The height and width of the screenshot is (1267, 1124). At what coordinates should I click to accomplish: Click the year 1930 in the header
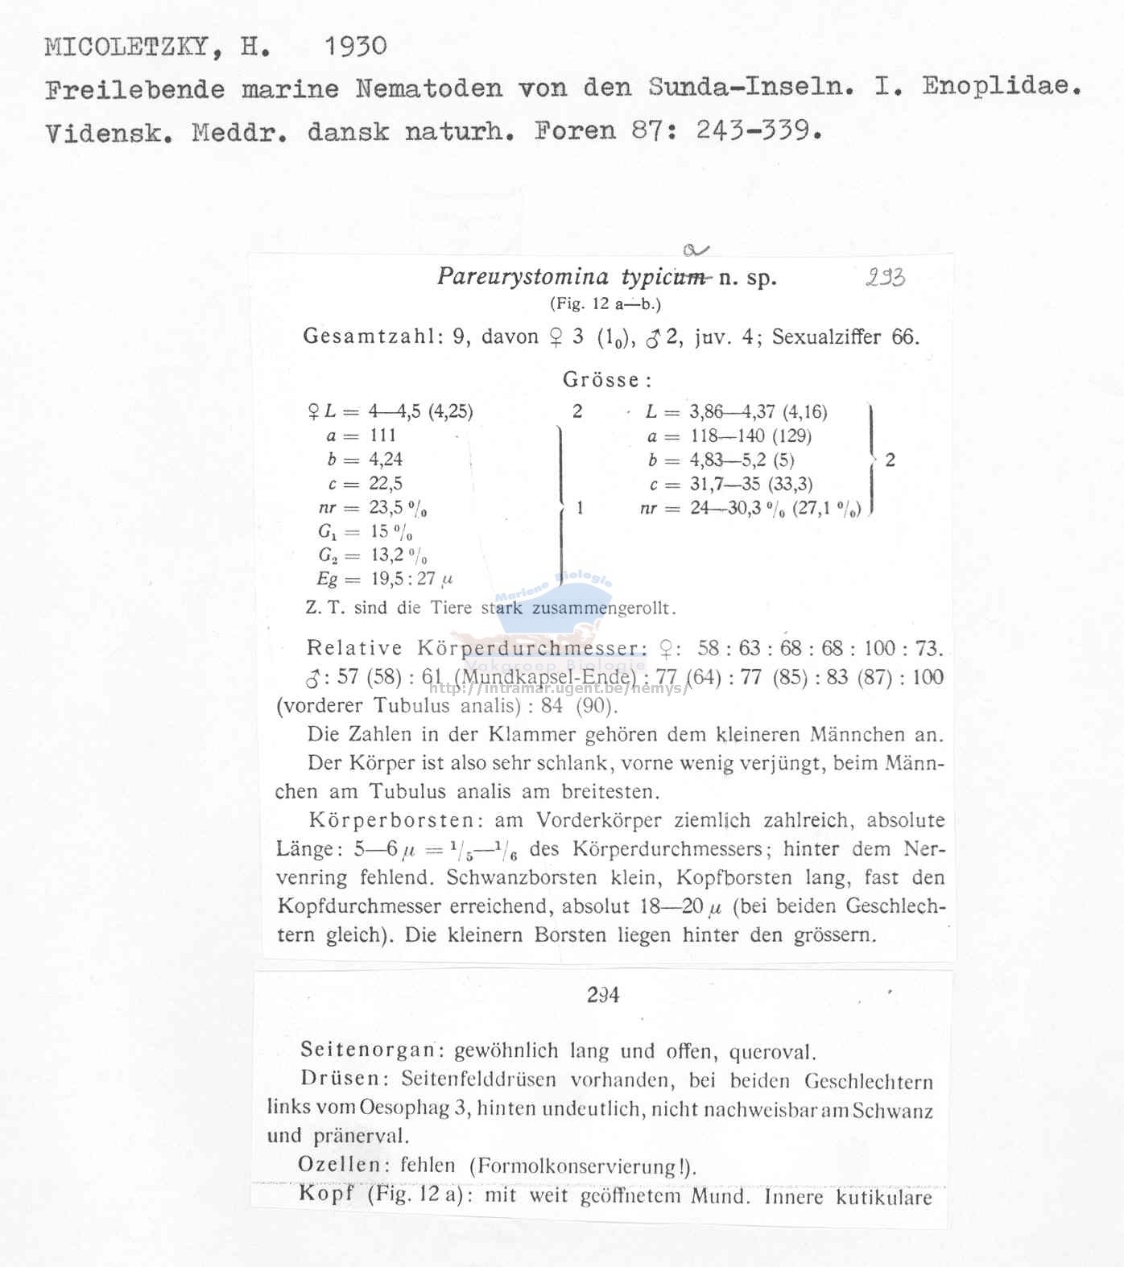click(x=355, y=47)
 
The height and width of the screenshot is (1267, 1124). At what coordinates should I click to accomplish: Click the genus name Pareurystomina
click(x=523, y=277)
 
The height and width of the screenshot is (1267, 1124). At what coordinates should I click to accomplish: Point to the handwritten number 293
click(x=885, y=279)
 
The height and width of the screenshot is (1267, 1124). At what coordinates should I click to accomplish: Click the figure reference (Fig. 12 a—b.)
click(x=605, y=304)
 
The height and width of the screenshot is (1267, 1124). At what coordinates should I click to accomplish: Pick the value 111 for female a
click(x=383, y=435)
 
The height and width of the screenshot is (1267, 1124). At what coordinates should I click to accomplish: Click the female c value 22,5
click(x=386, y=484)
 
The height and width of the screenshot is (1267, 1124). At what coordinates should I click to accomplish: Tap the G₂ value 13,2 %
click(x=399, y=555)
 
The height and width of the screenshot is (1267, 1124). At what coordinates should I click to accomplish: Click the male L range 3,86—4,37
click(x=734, y=412)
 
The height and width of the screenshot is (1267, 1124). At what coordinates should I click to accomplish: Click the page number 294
click(x=603, y=996)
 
